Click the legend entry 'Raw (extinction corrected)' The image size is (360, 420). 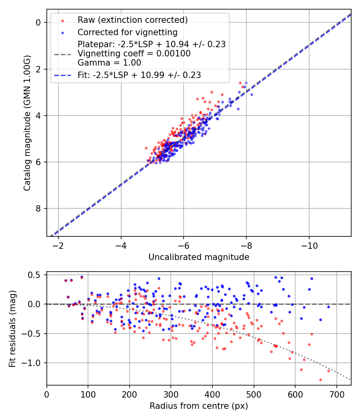(x=132, y=20)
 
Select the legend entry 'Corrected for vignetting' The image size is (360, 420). (x=127, y=32)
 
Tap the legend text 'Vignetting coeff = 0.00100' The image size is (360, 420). (x=134, y=53)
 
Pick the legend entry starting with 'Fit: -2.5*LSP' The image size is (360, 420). (x=139, y=75)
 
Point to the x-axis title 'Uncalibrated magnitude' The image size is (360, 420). (x=199, y=257)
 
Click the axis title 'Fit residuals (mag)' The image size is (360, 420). (x=12, y=329)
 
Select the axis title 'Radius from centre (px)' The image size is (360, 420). (x=199, y=406)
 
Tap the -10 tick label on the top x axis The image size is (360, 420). (x=308, y=245)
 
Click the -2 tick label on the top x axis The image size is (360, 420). (x=58, y=245)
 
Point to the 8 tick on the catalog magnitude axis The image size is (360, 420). (x=38, y=209)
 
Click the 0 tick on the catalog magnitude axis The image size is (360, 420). (x=38, y=23)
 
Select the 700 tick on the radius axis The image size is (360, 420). (x=336, y=394)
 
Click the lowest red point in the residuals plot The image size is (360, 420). (x=320, y=380)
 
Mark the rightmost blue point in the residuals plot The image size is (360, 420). (x=328, y=307)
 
